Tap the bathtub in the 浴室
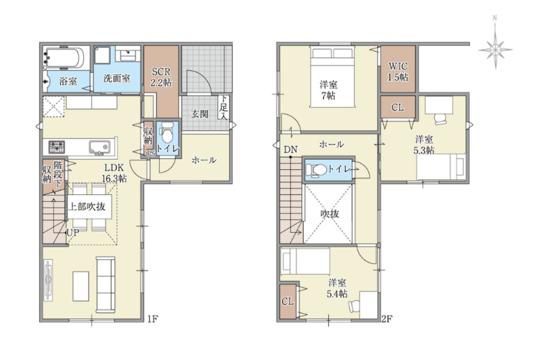(64, 58)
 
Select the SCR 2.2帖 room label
(161, 77)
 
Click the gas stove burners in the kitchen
(56, 147)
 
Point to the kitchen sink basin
(100, 147)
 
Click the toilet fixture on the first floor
(167, 133)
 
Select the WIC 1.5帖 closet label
(398, 72)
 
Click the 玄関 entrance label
(200, 114)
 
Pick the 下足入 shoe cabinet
(224, 107)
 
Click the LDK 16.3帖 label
(114, 173)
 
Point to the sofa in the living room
(105, 285)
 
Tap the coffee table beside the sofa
(81, 286)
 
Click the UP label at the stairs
(73, 232)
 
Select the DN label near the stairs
(291, 149)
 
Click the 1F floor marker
(152, 319)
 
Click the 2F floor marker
(387, 319)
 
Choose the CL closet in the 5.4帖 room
(288, 301)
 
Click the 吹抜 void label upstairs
(330, 213)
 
